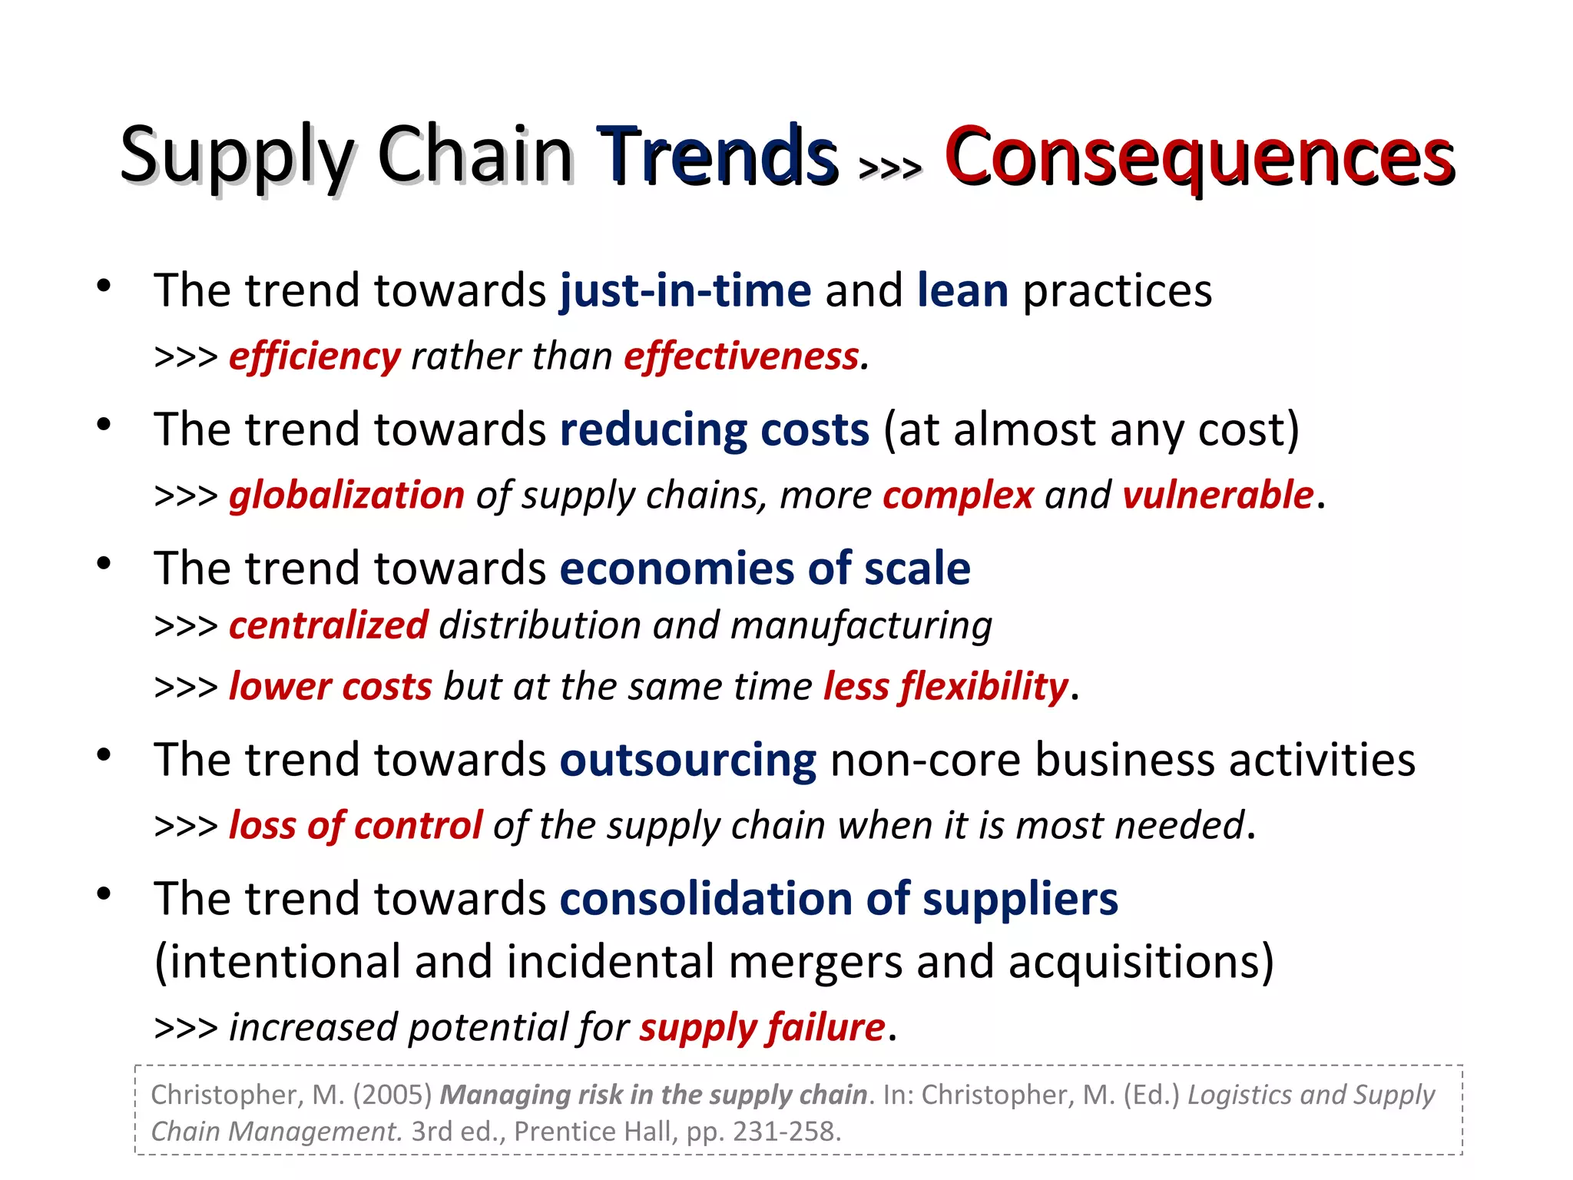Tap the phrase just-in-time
click(685, 291)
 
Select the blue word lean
click(962, 291)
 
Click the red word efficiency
click(315, 357)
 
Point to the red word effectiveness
click(741, 357)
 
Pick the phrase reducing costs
click(714, 430)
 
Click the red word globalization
click(347, 496)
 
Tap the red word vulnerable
click(1217, 496)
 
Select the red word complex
click(958, 496)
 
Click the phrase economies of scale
click(765, 569)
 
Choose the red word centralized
click(329, 625)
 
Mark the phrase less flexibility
click(945, 687)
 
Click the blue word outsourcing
click(688, 761)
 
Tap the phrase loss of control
click(356, 827)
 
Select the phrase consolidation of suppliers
click(839, 900)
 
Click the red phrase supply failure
click(763, 1028)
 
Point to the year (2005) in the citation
click(392, 1095)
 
